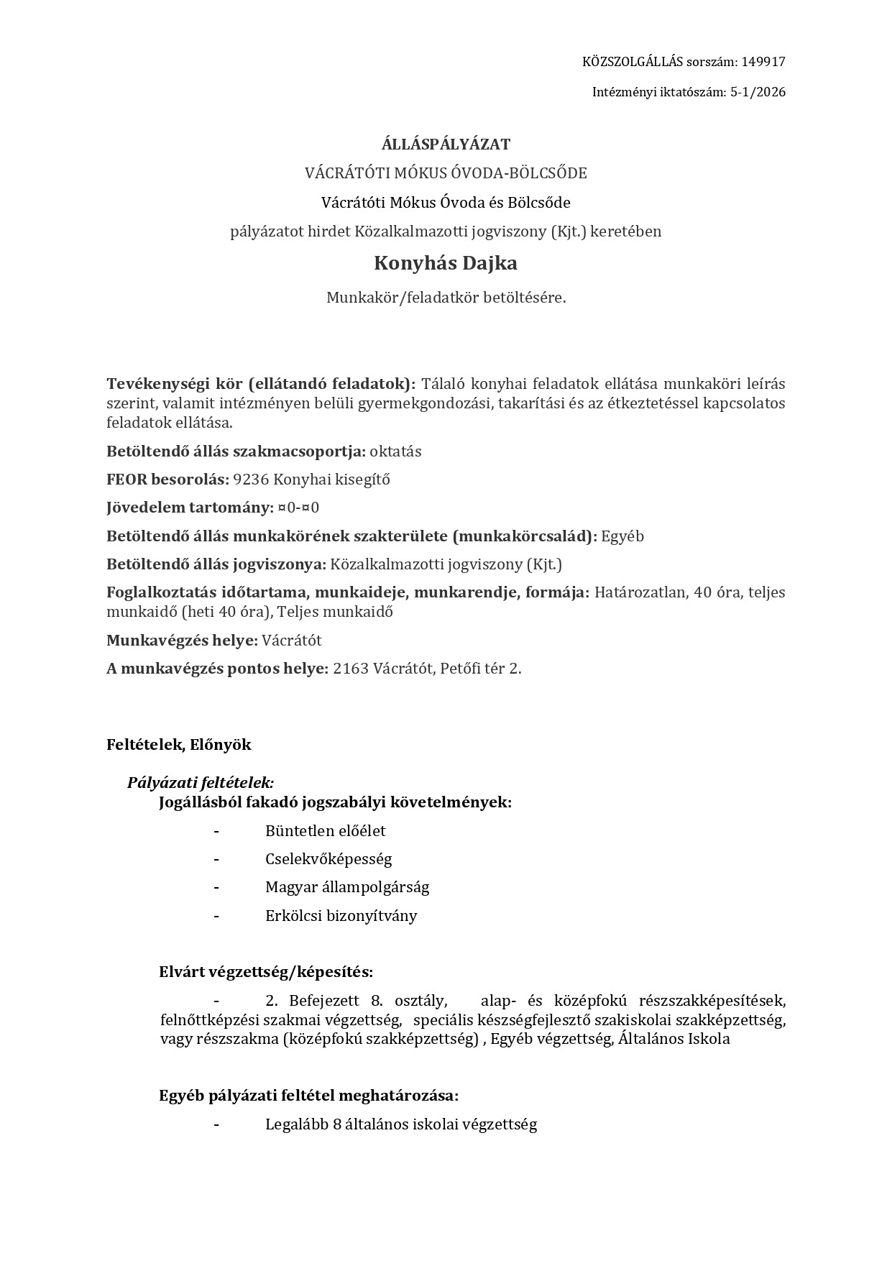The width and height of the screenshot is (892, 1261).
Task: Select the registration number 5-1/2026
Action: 758,92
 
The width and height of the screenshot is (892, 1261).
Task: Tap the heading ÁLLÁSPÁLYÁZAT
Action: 446,145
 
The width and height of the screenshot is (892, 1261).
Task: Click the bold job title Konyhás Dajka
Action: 446,263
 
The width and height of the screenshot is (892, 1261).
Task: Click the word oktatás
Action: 395,451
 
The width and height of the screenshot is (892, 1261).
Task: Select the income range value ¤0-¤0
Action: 298,508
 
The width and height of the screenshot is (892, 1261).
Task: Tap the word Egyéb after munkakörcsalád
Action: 622,536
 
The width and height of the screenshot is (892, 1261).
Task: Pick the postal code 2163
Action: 351,669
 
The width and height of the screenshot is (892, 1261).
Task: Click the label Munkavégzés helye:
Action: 182,641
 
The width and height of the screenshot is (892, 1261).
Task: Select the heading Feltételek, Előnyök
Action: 179,745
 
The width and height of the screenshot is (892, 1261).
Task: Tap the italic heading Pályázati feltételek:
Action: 201,782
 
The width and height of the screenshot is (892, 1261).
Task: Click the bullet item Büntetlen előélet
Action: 325,831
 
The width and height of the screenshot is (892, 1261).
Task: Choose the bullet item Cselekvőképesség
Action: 328,859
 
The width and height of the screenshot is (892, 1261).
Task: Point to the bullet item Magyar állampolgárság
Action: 347,887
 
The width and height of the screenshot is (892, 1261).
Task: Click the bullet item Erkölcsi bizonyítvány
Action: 341,916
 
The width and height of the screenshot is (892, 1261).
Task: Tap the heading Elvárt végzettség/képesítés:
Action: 266,973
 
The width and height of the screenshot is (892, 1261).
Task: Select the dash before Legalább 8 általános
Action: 216,1124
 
